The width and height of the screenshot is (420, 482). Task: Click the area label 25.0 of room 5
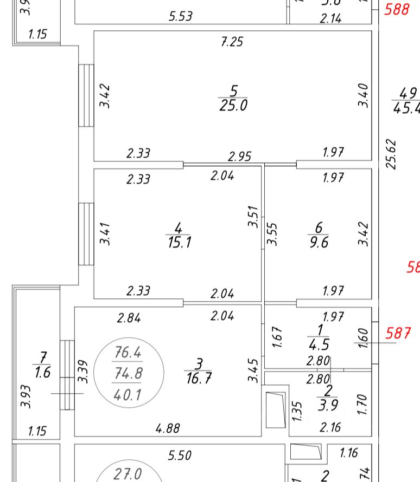click(233, 105)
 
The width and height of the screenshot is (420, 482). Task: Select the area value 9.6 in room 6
click(319, 242)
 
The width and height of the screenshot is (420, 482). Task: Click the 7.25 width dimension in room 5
click(232, 42)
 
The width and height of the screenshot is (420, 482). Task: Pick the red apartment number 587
click(398, 333)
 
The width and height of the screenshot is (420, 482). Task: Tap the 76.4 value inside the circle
click(128, 353)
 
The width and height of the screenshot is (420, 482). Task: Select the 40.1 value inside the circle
click(128, 395)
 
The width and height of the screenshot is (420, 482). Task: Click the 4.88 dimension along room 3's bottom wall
click(168, 428)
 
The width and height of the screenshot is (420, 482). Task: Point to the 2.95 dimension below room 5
click(239, 157)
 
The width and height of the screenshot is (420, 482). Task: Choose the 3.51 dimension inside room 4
click(253, 216)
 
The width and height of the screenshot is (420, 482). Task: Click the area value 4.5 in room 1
click(320, 345)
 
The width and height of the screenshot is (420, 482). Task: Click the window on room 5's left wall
click(86, 95)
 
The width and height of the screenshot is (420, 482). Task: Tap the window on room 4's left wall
click(86, 234)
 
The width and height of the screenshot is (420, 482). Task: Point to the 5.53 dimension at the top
click(181, 16)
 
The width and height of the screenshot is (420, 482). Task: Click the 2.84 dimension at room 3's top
click(129, 318)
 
